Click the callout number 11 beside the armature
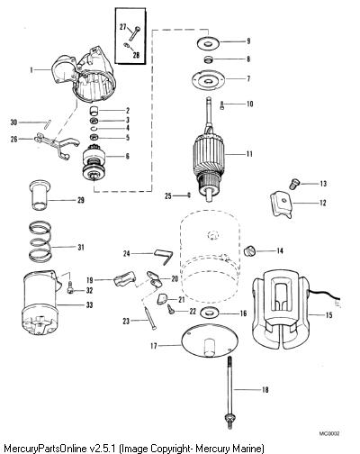(249, 154)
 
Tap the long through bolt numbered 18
(230, 391)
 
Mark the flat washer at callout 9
(208, 42)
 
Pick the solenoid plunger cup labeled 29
(40, 195)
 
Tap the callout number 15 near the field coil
(328, 315)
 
